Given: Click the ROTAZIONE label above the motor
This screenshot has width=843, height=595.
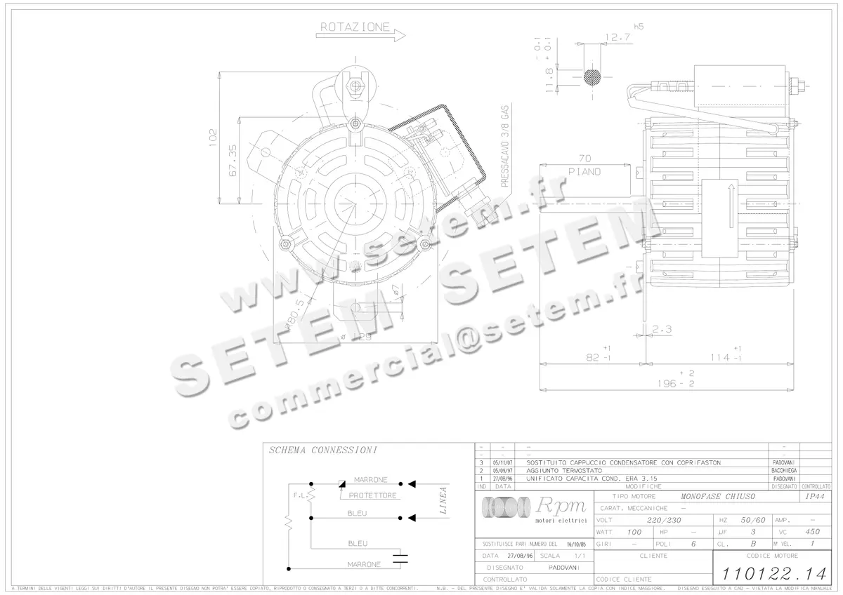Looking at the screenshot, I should coord(355,27).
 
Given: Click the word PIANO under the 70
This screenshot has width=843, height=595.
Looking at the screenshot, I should coord(584,172).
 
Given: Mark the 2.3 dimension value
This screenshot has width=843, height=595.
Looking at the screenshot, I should coord(662,328).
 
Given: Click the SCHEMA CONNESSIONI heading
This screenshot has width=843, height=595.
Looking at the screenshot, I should coord(323,450).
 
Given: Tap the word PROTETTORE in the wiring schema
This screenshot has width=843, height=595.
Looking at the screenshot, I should coord(373,495).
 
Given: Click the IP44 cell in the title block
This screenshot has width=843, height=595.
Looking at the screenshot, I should coord(813,496).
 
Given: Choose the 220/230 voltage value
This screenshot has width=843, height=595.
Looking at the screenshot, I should coord(663,520).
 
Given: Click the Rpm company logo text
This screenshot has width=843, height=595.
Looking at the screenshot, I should coord(556,506).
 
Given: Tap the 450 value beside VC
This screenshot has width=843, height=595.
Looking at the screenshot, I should coord(812,532).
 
